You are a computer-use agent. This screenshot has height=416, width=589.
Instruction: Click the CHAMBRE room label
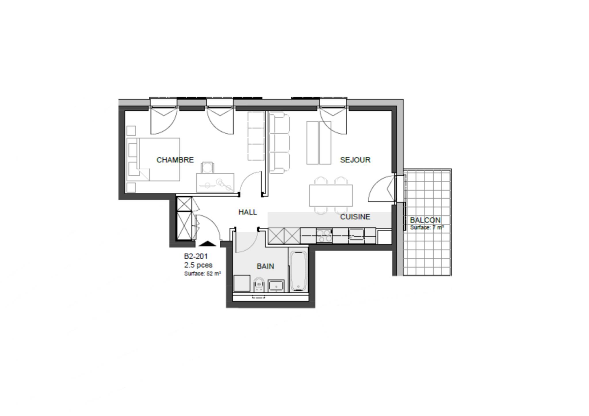click(x=175, y=160)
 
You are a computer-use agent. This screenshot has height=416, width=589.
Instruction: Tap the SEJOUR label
click(x=355, y=160)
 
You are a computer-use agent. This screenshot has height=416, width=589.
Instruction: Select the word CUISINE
click(x=355, y=217)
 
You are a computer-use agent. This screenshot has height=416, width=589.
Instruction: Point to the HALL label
click(x=248, y=212)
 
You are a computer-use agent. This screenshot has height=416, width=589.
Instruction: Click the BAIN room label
click(x=265, y=266)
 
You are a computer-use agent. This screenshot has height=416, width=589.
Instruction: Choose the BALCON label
click(x=425, y=220)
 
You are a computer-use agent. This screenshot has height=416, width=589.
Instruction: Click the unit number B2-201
click(x=196, y=256)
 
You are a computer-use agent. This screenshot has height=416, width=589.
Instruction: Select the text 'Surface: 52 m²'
click(x=202, y=274)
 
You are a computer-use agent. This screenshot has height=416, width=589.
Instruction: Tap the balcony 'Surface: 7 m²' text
click(x=427, y=227)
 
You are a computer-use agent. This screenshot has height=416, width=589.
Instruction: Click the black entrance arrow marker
click(x=207, y=244)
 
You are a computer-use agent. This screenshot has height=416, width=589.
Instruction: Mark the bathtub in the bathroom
click(x=298, y=271)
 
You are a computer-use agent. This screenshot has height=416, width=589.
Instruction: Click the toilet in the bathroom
click(x=259, y=285)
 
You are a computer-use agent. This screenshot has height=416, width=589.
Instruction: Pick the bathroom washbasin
click(x=276, y=286)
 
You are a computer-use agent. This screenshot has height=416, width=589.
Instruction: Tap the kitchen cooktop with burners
click(x=324, y=236)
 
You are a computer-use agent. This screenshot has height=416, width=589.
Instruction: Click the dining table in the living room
click(x=331, y=195)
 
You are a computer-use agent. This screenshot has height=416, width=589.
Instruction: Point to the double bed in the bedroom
click(x=153, y=160)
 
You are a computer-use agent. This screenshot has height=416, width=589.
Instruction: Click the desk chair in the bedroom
click(x=208, y=167)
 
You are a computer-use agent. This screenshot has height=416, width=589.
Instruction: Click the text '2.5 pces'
click(x=198, y=265)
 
